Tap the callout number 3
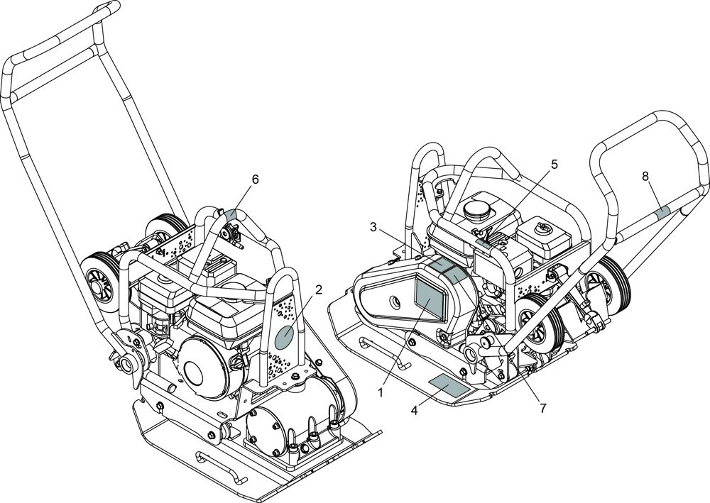click(373, 228)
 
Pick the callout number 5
click(555, 164)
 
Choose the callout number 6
click(256, 179)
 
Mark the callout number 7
click(543, 408)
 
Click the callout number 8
click(645, 177)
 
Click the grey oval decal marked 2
click(285, 338)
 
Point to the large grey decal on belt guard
click(428, 297)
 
